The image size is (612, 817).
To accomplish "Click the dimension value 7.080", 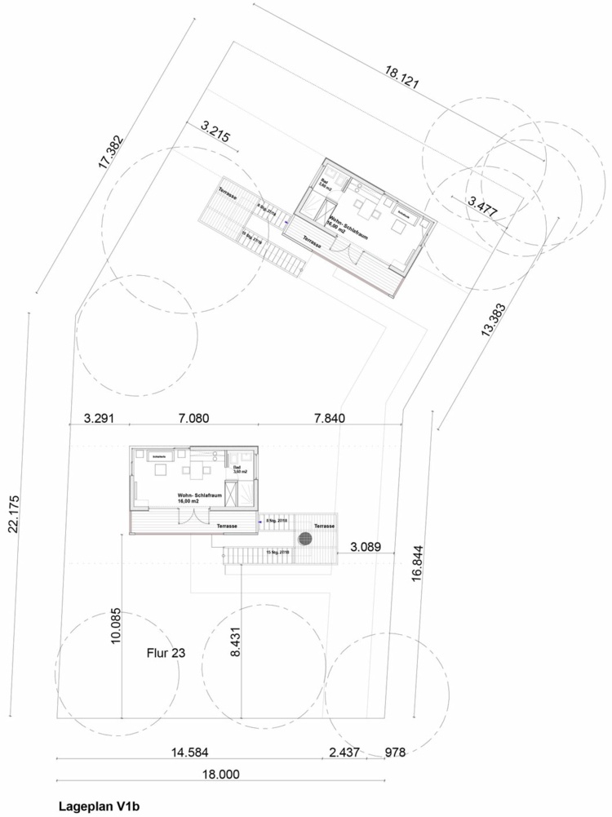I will (193, 419).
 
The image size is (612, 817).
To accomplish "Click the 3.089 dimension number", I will (367, 545).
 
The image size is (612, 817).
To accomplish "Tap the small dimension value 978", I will (395, 751).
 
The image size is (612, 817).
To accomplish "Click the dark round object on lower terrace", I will (305, 539).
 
